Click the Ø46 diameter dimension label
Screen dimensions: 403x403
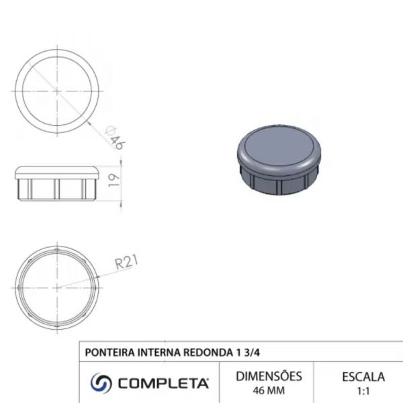[x=116, y=138]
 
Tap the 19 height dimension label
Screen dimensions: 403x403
[x=114, y=181]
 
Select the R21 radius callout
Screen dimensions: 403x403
[x=126, y=262]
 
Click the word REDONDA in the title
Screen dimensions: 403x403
[x=208, y=353]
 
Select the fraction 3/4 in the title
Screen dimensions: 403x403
[x=251, y=353]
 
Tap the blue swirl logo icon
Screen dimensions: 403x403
[x=101, y=383]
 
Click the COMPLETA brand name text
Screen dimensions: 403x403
[x=163, y=384]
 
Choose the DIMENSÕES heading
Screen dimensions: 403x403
[x=269, y=376]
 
